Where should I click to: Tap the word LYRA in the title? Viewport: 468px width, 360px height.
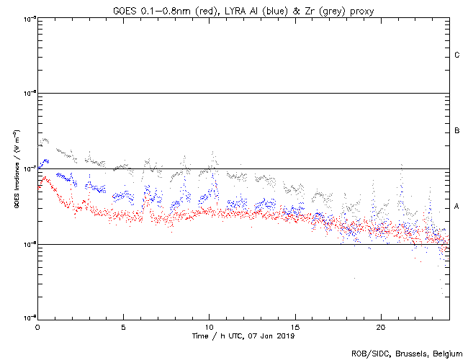pos(229,10)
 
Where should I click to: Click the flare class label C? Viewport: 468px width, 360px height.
pos(457,55)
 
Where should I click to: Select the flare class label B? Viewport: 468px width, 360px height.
pos(457,131)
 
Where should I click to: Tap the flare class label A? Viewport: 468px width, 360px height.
pos(457,207)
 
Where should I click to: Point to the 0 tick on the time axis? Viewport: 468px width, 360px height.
pos(37,326)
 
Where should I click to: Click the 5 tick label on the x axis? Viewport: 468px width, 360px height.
pos(123,326)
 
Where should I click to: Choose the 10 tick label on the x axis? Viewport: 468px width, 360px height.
pos(209,326)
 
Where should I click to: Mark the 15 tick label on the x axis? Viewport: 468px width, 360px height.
pos(294,326)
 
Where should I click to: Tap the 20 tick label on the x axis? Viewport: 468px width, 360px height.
pos(380,326)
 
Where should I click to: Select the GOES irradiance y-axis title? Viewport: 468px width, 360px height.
pos(16,168)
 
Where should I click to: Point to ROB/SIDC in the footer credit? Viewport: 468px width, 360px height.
pos(368,354)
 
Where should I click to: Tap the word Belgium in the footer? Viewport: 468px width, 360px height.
pos(446,354)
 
